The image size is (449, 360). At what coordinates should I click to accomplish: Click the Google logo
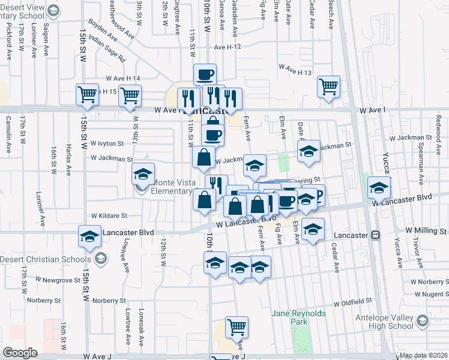coord(20,353)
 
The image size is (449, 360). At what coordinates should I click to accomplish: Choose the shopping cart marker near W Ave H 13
coord(328,86)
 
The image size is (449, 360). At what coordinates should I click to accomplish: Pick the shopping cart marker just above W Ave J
coord(237,327)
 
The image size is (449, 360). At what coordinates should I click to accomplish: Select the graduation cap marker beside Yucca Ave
coord(379,188)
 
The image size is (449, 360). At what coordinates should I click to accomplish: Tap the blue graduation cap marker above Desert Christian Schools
coord(89,236)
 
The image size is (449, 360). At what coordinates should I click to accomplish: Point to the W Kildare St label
coord(109,215)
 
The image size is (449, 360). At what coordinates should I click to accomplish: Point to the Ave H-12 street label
coord(227,47)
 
